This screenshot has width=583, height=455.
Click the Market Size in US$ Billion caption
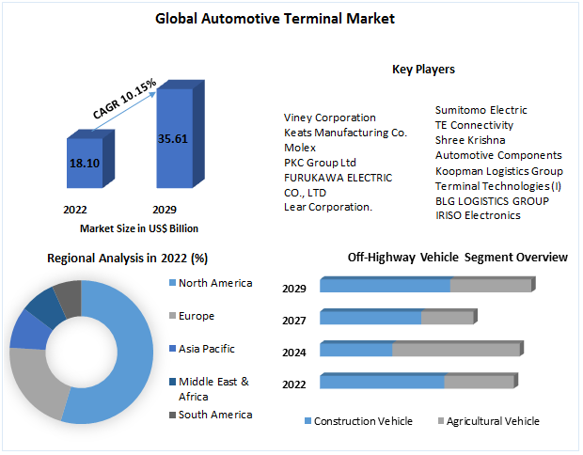(x=139, y=227)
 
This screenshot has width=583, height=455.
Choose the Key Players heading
(x=423, y=69)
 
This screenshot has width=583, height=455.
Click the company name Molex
(x=299, y=148)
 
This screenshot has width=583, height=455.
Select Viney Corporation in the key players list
(x=329, y=118)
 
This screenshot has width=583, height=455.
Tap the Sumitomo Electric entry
(x=481, y=110)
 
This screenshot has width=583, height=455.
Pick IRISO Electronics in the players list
(x=477, y=215)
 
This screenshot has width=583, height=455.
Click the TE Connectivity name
(x=474, y=125)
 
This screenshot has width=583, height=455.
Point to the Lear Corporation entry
(x=328, y=207)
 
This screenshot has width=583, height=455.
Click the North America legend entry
(x=215, y=283)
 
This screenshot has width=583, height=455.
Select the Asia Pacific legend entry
(x=206, y=349)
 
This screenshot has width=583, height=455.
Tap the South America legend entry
(x=214, y=415)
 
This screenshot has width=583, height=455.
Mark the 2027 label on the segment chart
(x=294, y=321)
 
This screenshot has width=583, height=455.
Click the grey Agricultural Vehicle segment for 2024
(x=455, y=350)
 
